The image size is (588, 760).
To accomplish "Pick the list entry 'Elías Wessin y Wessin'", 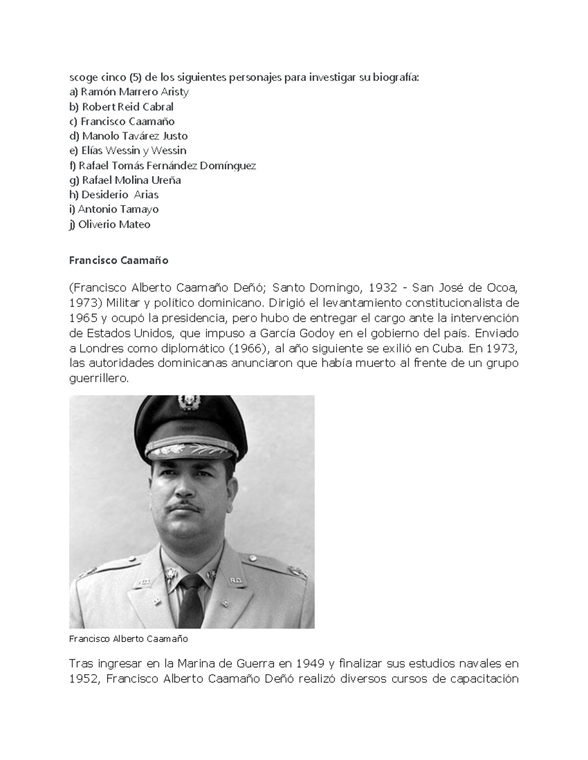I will (128, 151).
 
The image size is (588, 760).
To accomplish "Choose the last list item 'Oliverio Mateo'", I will (110, 225).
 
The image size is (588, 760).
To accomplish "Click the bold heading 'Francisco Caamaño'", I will (119, 260).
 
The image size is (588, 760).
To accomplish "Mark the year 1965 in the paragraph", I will (83, 318).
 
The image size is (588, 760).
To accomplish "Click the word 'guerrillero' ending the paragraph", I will (98, 379).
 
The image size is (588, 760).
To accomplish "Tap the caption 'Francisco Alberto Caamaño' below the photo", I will (128, 639).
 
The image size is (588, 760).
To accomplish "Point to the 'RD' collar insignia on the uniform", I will (236, 581).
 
